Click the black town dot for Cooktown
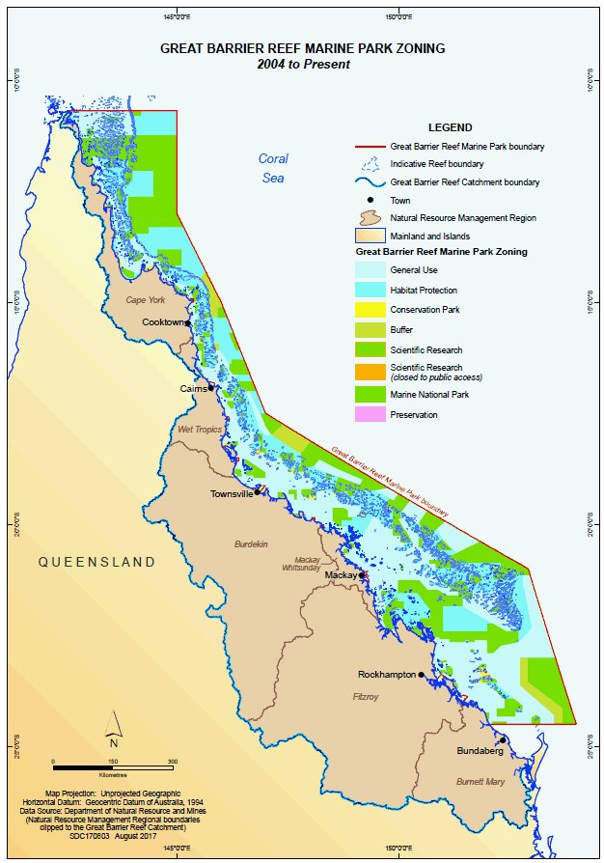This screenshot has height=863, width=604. [x=188, y=323]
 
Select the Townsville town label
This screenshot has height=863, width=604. [x=232, y=493]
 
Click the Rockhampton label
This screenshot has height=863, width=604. [x=386, y=675]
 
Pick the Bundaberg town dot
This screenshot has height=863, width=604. [x=503, y=740]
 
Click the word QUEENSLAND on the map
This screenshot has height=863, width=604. [x=96, y=562]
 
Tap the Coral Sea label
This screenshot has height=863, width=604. [x=273, y=168]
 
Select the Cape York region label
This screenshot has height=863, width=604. [x=148, y=300]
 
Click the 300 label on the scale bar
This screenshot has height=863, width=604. [x=173, y=763]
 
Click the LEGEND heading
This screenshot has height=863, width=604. [x=450, y=127]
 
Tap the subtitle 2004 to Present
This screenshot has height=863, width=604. [x=303, y=64]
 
